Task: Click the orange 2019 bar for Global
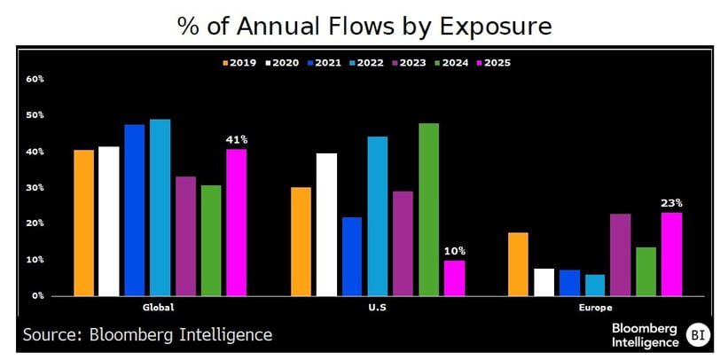coord(84,223)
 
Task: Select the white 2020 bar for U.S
coord(326,224)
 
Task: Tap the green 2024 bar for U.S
coord(428,209)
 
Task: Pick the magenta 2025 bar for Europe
coord(671,254)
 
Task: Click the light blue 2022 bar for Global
coord(160,207)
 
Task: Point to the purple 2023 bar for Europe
coord(621,254)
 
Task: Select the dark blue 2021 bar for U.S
coord(351,256)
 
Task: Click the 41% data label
coord(236,139)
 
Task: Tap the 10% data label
coord(454,250)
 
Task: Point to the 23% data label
coord(671,202)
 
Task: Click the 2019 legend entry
coord(239,63)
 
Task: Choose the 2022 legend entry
coord(366,63)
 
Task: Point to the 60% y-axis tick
coord(35,79)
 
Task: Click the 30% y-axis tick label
coord(35,188)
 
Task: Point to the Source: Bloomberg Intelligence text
coord(147,334)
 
